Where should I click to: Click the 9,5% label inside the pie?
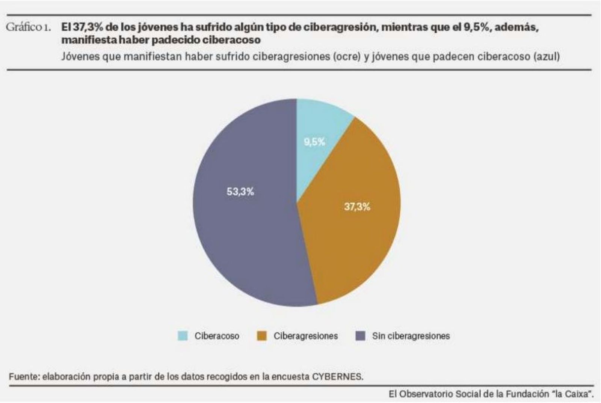(x=314, y=142)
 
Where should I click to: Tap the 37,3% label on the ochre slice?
(x=357, y=207)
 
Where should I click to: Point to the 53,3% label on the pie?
(x=240, y=192)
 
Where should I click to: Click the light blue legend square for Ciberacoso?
(x=183, y=336)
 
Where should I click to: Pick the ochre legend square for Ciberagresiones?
(x=262, y=336)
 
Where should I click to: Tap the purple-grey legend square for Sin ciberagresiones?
(x=360, y=336)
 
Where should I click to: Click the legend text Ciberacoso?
(x=216, y=336)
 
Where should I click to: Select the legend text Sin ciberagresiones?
(x=411, y=336)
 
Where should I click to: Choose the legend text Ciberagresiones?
(x=305, y=336)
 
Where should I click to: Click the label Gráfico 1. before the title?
(x=28, y=27)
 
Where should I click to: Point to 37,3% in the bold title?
(x=85, y=27)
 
